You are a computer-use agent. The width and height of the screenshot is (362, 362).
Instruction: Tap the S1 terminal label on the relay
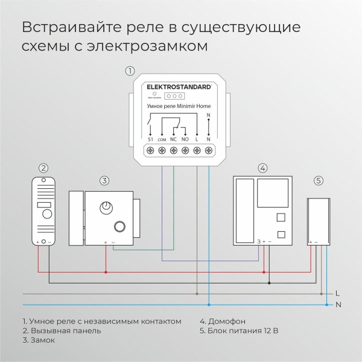click(x=150, y=139)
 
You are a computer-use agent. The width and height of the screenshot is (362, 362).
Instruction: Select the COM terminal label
click(x=162, y=139)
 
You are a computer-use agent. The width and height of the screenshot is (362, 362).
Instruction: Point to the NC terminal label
click(x=173, y=139)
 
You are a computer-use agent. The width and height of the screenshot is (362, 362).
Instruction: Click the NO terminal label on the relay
click(x=185, y=139)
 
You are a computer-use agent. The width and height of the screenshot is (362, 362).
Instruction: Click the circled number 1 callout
click(x=130, y=71)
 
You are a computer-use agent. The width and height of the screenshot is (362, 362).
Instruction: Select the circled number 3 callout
click(x=104, y=180)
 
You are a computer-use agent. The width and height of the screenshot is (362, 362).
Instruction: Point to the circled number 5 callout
click(x=319, y=180)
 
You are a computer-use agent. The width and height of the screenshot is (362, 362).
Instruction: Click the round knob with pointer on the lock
click(x=107, y=207)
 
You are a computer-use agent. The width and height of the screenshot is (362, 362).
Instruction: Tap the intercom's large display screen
click(x=270, y=193)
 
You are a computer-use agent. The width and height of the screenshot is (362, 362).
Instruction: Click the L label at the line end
click(x=338, y=293)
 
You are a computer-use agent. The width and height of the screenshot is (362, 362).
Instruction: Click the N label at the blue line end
click(x=338, y=305)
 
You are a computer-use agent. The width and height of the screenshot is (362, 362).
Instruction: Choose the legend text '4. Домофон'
click(x=223, y=321)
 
